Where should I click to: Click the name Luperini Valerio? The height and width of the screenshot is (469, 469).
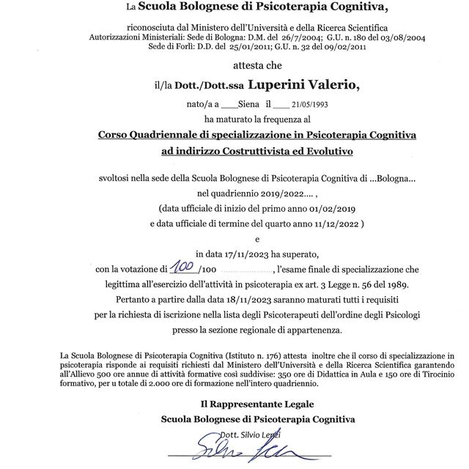tap(303, 86)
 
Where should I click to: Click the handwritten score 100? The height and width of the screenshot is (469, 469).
tap(185, 269)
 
